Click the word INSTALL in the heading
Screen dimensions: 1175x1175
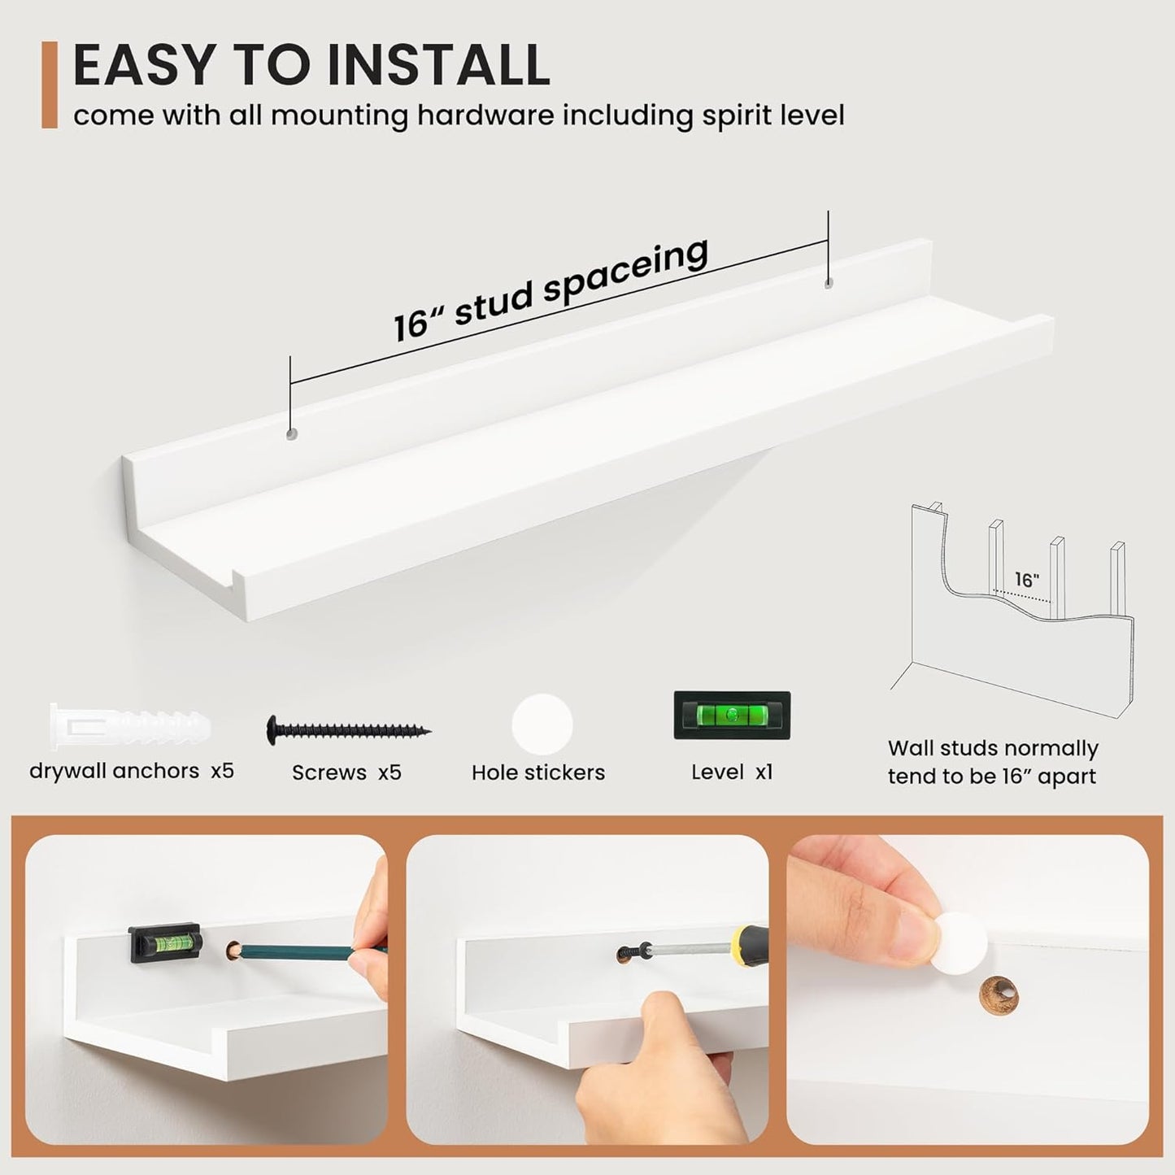point(437,64)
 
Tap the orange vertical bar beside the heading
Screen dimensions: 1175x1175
point(50,85)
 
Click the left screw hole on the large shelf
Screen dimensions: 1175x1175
point(292,435)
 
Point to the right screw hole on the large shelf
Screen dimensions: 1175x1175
point(828,284)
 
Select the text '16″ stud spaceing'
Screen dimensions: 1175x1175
point(551,289)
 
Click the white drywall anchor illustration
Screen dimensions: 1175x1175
point(130,726)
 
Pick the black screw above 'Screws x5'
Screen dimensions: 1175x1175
point(349,729)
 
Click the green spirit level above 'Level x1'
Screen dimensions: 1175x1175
point(732,716)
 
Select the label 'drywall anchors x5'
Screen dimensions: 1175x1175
point(132,772)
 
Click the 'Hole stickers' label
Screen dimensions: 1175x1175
point(538,772)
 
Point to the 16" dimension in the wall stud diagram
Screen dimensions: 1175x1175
point(1028,580)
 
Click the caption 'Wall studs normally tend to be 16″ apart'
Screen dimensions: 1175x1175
point(993,762)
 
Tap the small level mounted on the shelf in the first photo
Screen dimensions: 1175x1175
point(164,938)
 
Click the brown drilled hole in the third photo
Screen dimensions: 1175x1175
point(999,996)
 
